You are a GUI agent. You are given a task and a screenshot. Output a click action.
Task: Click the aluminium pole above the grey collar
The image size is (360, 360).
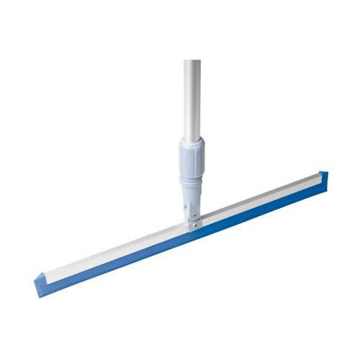point(192,101)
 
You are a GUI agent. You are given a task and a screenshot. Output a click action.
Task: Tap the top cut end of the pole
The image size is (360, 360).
point(192,61)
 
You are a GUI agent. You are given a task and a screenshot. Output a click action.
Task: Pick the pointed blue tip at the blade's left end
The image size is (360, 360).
point(35,277)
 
